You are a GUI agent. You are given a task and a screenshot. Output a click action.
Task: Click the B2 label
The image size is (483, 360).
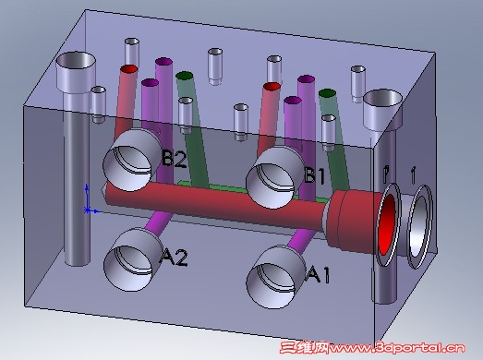tap(174, 159)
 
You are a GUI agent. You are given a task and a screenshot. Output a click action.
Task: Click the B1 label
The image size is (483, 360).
tap(316, 174)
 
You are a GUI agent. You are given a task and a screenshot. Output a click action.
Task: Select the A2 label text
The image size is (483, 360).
tap(174, 258)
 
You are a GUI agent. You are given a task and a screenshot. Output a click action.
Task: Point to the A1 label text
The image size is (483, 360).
tap(317, 273)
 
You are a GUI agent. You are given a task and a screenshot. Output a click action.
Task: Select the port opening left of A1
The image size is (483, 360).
tap(275, 273)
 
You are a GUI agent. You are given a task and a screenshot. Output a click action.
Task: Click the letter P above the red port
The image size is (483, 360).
tap(386, 172)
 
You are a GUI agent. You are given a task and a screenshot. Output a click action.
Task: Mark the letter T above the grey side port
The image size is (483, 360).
tap(412, 172)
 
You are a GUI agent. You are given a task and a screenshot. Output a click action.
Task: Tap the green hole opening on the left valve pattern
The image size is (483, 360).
tap(185, 75)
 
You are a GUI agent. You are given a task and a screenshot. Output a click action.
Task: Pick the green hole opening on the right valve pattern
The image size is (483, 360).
tap(326, 93)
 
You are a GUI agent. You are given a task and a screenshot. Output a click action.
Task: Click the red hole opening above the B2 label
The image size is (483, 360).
tap(128, 70)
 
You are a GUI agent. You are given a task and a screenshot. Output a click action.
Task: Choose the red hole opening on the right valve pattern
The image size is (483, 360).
tap(271, 88)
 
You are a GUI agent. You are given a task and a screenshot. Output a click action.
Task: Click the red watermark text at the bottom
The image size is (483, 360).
tap(378, 349)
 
